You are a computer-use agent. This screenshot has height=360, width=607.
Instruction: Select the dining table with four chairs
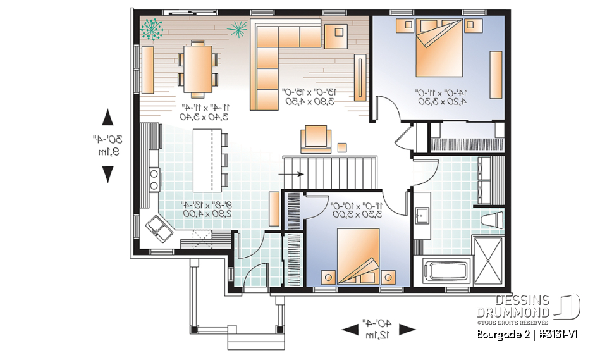tap(199, 67)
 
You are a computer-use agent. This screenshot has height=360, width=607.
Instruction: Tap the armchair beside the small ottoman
tap(315, 139)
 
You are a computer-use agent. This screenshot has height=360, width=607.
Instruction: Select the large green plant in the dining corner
tap(152, 29)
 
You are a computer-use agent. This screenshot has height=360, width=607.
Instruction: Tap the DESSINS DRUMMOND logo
tap(537, 306)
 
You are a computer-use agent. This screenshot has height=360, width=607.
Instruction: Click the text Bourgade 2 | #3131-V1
tap(527, 335)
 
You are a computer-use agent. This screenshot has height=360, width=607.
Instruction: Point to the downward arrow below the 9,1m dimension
tap(108, 173)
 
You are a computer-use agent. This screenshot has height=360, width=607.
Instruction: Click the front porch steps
tap(248, 342)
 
